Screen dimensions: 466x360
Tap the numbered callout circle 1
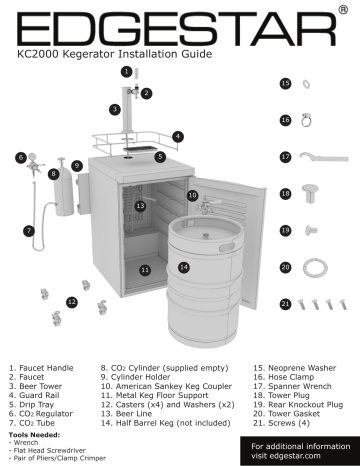[126, 71]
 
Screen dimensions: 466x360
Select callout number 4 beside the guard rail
[177, 135]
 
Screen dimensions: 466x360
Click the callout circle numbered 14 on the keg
[183, 267]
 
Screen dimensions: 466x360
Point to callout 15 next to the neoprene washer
[285, 85]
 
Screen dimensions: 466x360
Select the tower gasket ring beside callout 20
[319, 267]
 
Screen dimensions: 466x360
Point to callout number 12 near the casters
[72, 300]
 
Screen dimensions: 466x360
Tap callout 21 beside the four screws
[285, 303]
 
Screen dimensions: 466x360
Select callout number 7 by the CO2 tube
[29, 229]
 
